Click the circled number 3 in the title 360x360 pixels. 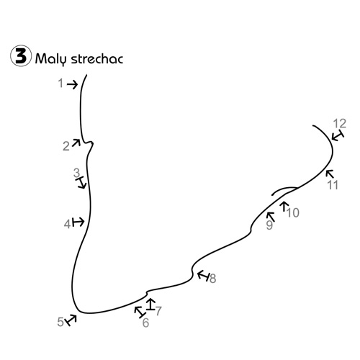click(21, 55)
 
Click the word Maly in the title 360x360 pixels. click(50, 59)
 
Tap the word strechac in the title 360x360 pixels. click(97, 59)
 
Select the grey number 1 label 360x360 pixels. click(60, 84)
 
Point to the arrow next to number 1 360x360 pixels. click(72, 84)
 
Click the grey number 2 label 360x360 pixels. click(66, 146)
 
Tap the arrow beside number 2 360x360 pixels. click(76, 143)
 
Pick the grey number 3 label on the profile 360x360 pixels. click(76, 173)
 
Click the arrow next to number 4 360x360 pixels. click(78, 222)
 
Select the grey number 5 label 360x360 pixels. click(60, 322)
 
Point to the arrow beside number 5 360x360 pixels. click(71, 320)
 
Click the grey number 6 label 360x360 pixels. click(145, 323)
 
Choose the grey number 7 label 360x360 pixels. click(158, 311)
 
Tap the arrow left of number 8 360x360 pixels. click(203, 276)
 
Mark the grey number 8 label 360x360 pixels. click(213, 279)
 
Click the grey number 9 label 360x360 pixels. click(269, 225)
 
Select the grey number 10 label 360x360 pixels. click(293, 213)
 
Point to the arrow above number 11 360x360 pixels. click(330, 174)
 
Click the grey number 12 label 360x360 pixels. click(340, 124)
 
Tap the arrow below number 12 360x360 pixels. click(338, 135)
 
